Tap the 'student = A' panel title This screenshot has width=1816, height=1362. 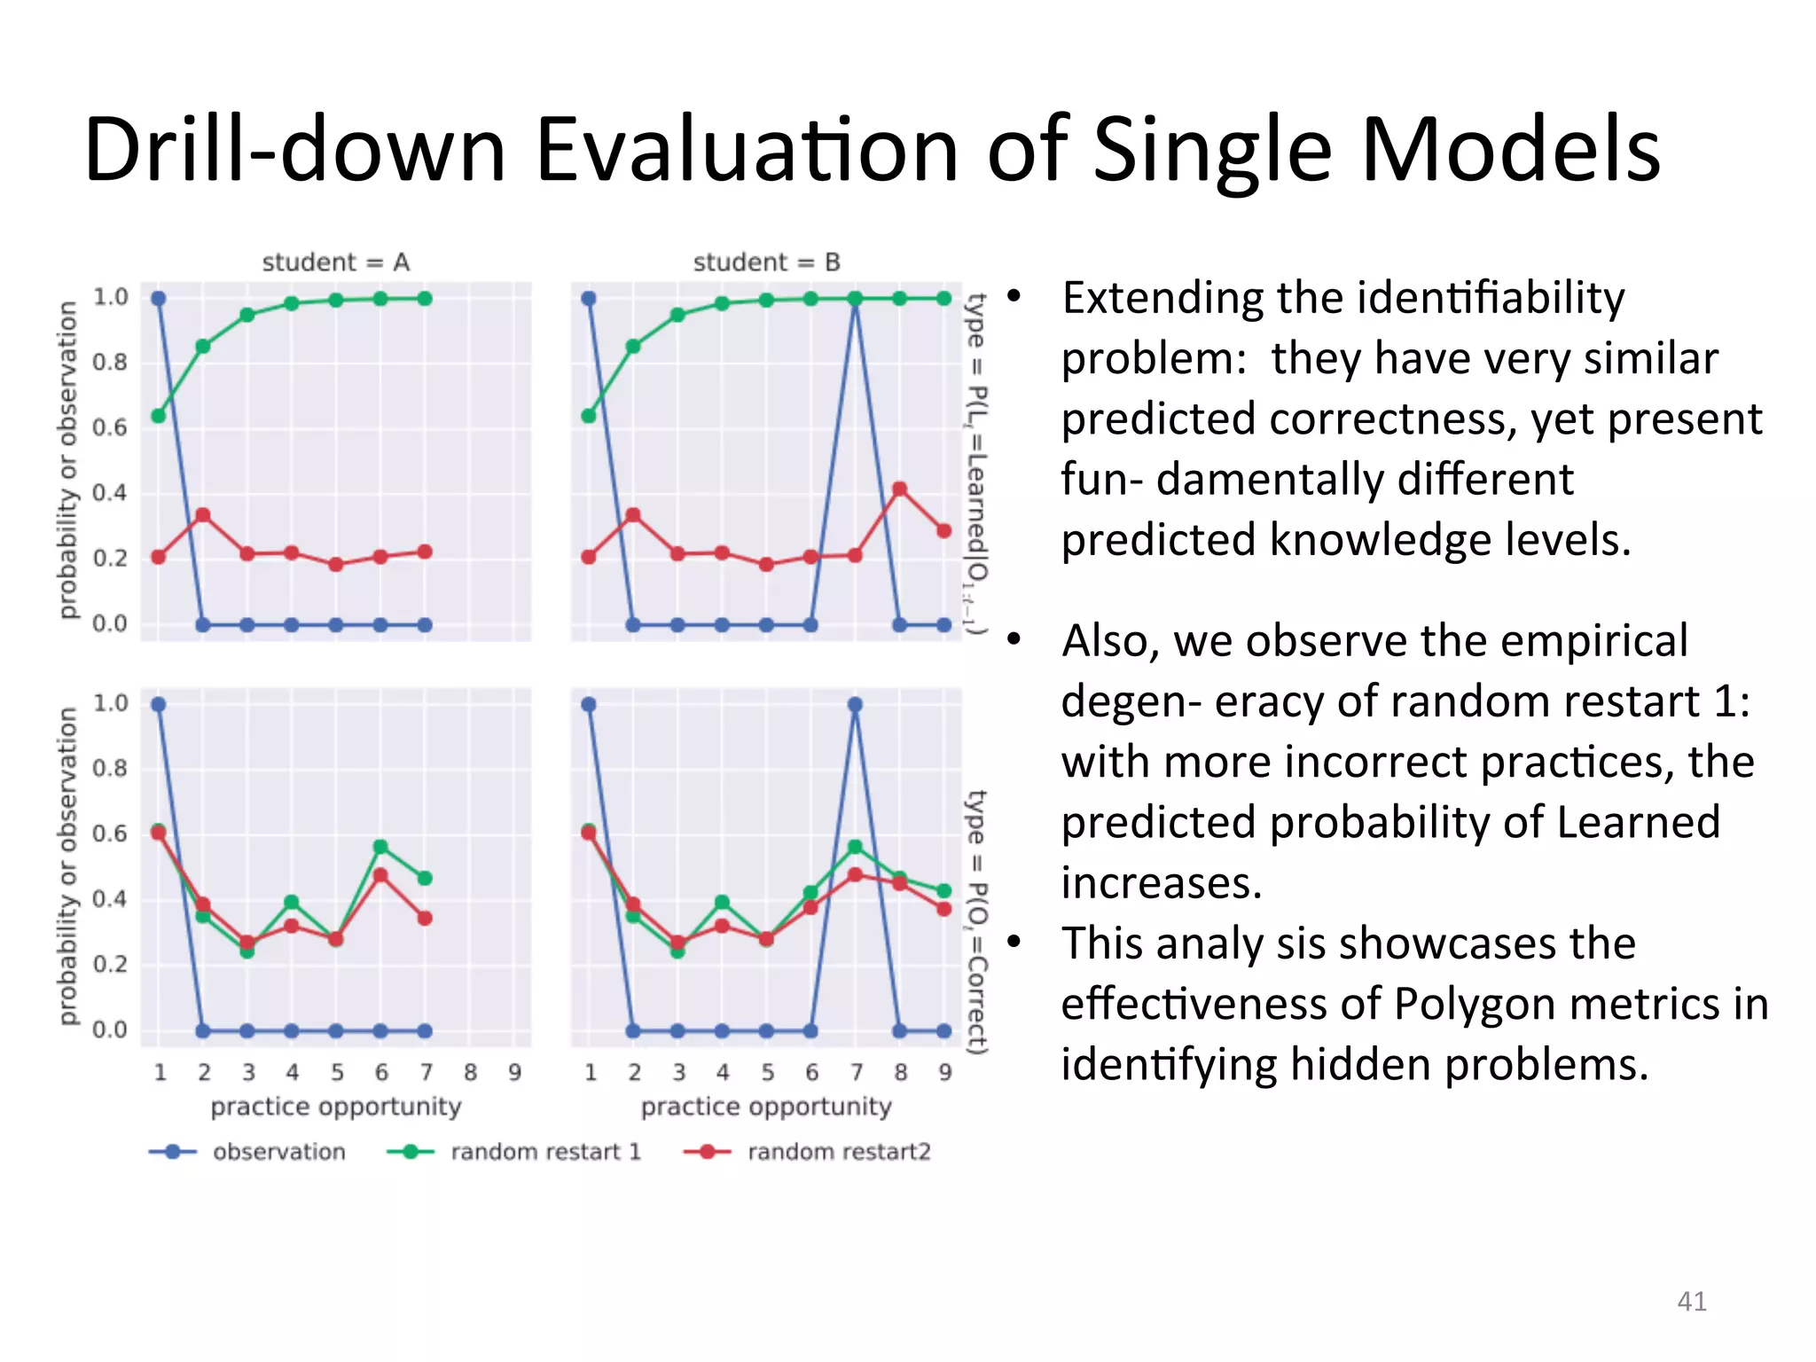[335, 262]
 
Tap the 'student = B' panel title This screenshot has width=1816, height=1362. [766, 262]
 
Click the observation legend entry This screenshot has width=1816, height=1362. [278, 1152]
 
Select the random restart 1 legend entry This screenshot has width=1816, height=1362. [544, 1152]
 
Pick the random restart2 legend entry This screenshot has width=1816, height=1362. [838, 1152]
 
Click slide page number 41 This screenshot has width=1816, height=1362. [1692, 1301]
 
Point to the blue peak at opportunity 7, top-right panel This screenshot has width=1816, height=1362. [855, 299]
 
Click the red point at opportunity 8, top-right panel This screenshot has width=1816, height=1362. [900, 489]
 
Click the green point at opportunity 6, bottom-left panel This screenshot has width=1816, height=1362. [380, 847]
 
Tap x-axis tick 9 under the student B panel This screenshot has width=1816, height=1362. [945, 1073]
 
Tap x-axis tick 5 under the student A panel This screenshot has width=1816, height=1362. [337, 1073]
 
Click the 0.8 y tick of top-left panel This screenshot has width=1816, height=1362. [110, 363]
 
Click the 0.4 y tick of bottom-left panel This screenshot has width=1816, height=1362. [110, 899]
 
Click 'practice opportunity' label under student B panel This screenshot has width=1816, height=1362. [766, 1107]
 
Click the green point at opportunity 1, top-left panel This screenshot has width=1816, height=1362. [159, 416]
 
